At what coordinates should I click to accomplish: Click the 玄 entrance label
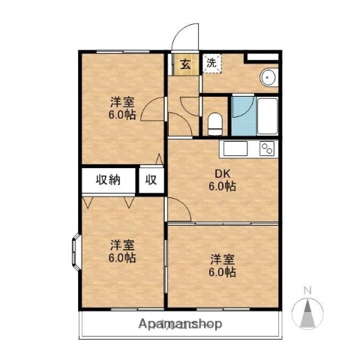184,64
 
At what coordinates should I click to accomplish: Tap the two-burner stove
268,148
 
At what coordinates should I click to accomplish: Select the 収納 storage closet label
107,179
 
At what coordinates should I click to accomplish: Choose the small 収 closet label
151,179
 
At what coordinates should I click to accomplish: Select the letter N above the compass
306,289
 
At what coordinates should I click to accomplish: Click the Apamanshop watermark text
180,325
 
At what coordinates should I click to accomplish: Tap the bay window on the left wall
76,250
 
